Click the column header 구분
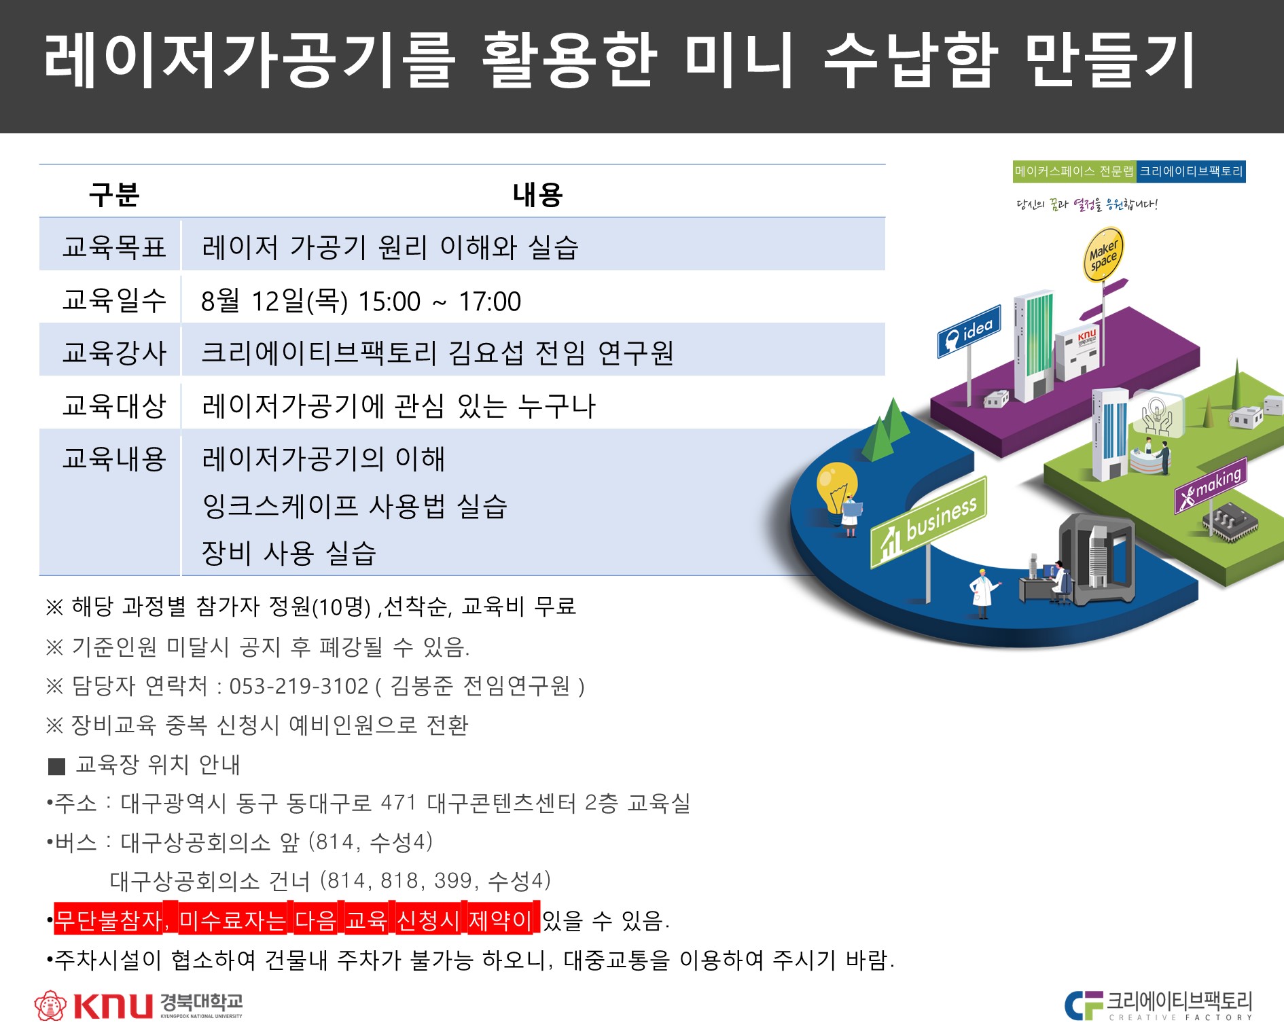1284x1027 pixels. [114, 195]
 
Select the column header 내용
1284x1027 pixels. [537, 195]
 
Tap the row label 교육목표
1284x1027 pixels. [114, 247]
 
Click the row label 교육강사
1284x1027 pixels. [114, 353]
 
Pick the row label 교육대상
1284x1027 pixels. [114, 406]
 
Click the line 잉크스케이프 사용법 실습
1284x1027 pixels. [355, 506]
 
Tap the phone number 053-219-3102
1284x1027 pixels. [299, 687]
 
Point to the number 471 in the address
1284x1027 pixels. [399, 804]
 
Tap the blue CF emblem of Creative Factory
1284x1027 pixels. [1084, 1005]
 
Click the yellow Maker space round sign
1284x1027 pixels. [1103, 255]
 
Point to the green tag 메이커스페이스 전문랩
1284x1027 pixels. [1074, 171]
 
